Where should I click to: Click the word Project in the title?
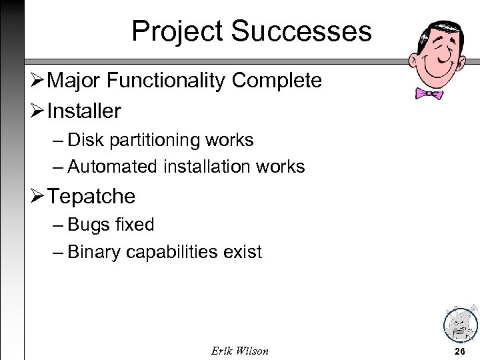coord(176,31)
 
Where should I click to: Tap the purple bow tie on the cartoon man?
coord(429,94)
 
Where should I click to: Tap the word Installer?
coord(84,111)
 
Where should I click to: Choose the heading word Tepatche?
coord(91,197)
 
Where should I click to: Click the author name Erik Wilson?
coord(239,351)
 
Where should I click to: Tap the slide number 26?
coord(459,351)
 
